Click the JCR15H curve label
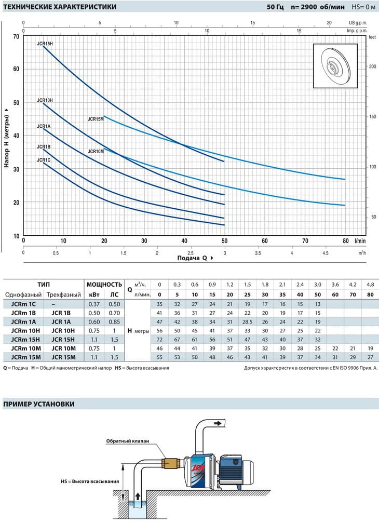pyautogui.click(x=45, y=44)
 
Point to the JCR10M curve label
pyautogui.click(x=96, y=152)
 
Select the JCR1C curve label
pyautogui.click(x=44, y=160)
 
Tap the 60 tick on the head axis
pyautogui.click(x=16, y=69)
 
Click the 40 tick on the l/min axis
pyautogui.click(x=184, y=240)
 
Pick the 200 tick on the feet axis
pyautogui.click(x=372, y=66)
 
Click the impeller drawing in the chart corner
pyautogui.click(x=335, y=66)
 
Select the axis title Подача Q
pyautogui.click(x=193, y=258)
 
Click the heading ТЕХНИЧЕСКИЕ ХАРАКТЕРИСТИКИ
pyautogui.click(x=60, y=7)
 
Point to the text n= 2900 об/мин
pyautogui.click(x=318, y=7)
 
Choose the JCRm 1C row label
pyautogui.click(x=23, y=304)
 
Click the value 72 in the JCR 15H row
pyautogui.click(x=159, y=340)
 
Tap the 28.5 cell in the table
pyautogui.click(x=247, y=322)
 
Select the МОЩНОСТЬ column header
pyautogui.click(x=104, y=285)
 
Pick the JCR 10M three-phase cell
pyautogui.click(x=63, y=348)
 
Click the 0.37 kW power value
pyautogui.click(x=94, y=304)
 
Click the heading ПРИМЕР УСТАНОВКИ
pyautogui.click(x=39, y=404)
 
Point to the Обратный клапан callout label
pyautogui.click(x=128, y=441)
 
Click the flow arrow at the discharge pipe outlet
pyautogui.click(x=218, y=423)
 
